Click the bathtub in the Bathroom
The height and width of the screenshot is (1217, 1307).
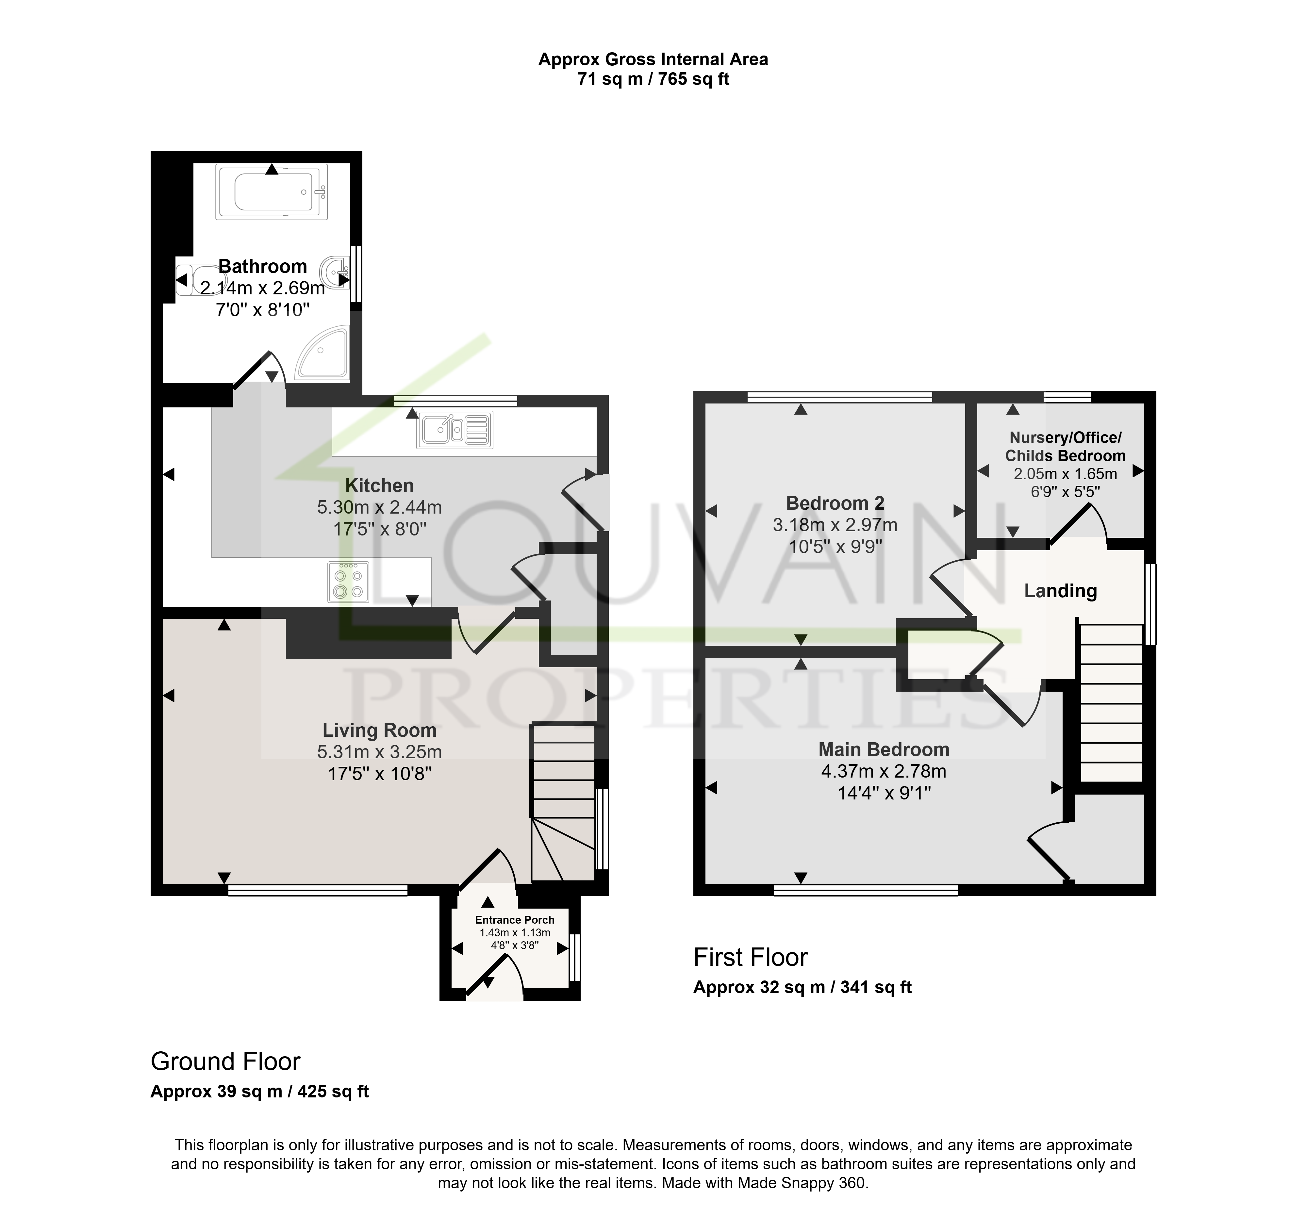click(272, 192)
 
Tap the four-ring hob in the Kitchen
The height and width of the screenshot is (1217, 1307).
click(348, 582)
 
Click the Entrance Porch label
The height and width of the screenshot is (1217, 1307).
click(515, 920)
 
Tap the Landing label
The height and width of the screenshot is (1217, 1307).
click(1060, 591)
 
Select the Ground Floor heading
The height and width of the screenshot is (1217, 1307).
click(225, 1061)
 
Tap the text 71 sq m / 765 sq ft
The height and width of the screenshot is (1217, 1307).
click(653, 80)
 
